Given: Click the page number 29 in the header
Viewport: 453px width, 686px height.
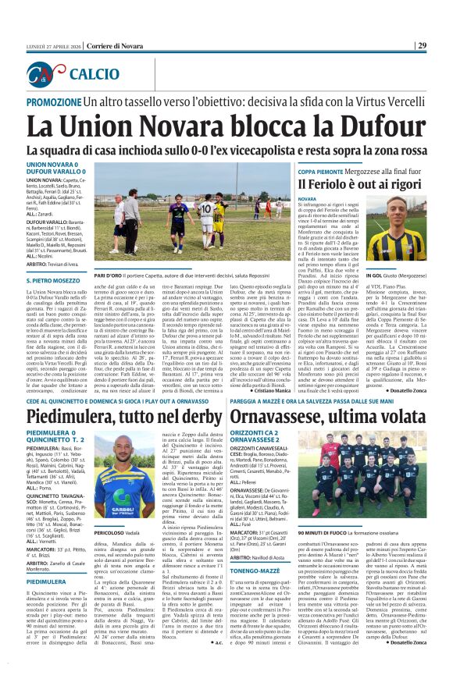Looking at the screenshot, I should pos(442,45).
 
